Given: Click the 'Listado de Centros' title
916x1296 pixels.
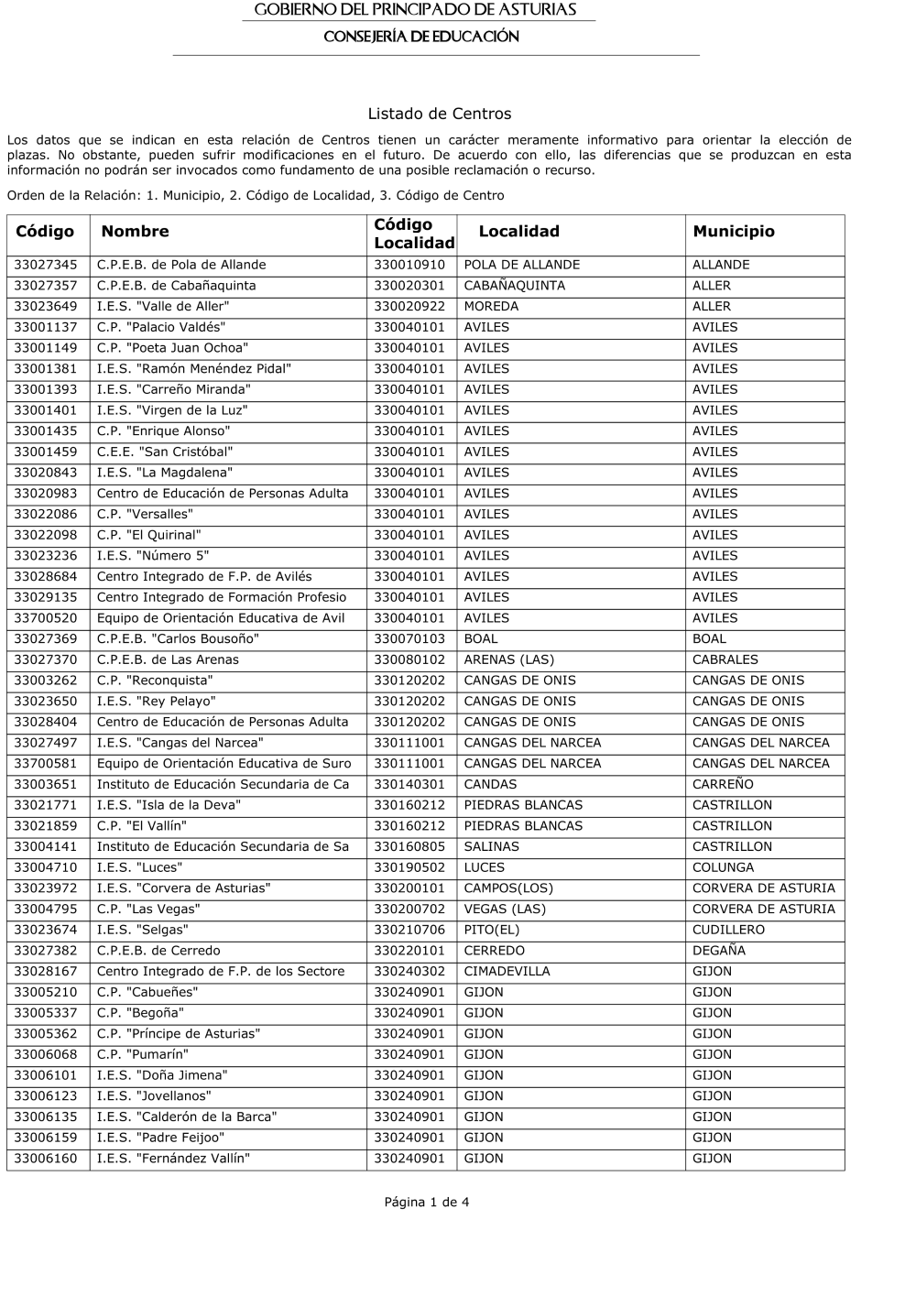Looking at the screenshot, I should point(439,114).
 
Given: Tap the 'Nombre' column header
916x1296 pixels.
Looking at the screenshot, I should point(135,232).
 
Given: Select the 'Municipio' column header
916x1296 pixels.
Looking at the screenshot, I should point(734,232).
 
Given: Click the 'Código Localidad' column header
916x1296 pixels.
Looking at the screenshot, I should point(413,234).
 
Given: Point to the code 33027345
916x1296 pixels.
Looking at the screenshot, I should point(46,265).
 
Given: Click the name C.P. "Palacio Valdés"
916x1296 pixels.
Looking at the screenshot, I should point(161,327).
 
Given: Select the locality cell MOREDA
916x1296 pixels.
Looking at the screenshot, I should point(491,306).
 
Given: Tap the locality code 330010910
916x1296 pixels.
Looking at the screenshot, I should point(409,265).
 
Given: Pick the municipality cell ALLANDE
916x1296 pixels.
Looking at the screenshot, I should point(721,265).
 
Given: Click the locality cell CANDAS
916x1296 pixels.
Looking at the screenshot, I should point(490,784).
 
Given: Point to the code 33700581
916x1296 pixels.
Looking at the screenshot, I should point(46,763).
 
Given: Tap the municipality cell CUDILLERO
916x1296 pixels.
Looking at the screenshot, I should point(728,930).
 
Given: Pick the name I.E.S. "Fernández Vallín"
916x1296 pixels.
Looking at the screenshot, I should point(173,1158).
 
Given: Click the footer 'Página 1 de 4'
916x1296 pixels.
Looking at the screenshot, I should point(427,1202).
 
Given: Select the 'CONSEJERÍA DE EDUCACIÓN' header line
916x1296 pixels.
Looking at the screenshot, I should point(421,37).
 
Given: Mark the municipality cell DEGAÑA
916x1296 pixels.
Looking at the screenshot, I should point(719,951).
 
